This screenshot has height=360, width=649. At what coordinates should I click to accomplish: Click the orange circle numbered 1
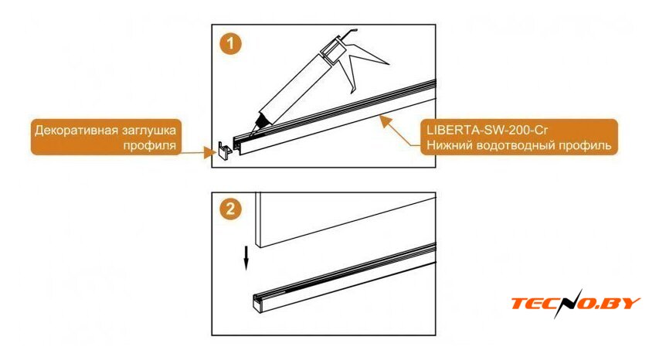point(230,44)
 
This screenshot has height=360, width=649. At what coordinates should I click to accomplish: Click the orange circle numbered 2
point(230,208)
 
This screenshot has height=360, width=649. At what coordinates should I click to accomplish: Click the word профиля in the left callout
point(149,146)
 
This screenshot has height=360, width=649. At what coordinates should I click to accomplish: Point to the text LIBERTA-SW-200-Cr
point(488,131)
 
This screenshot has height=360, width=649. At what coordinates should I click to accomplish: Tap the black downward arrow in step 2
point(246,258)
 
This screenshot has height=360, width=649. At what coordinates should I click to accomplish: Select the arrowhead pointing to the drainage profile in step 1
point(386,121)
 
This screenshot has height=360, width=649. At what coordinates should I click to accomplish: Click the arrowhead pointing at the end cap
point(210,152)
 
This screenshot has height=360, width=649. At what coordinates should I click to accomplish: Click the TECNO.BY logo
point(576,304)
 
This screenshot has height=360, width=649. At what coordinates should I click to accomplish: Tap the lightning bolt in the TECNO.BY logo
point(568,304)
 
